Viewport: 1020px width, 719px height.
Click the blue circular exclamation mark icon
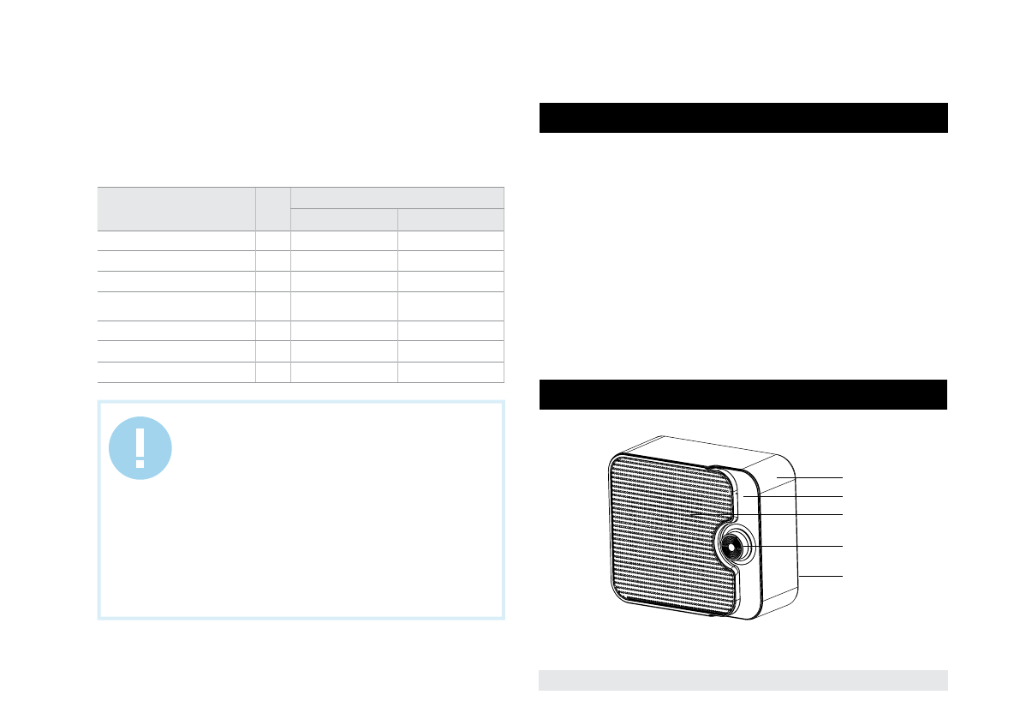[140, 447]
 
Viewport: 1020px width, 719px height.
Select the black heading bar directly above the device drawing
[743, 394]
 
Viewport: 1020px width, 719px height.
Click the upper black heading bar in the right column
[743, 117]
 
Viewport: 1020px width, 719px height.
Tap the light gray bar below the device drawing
[743, 680]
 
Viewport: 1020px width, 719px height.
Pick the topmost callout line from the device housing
[814, 476]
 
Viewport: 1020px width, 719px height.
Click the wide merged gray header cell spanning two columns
[397, 197]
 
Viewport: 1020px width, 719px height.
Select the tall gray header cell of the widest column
[176, 208]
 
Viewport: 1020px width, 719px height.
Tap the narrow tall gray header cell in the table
[273, 208]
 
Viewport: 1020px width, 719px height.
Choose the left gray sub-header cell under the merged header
[344, 219]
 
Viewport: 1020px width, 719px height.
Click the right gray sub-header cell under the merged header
[450, 219]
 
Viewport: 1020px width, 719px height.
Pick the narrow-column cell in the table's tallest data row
[273, 306]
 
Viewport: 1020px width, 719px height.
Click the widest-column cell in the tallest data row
[176, 306]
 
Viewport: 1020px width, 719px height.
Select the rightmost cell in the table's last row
[450, 371]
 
